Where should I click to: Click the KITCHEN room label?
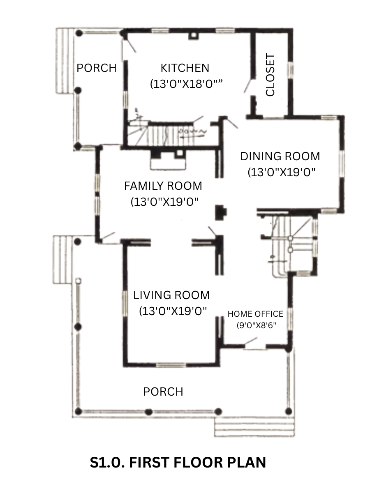pyautogui.click(x=185, y=68)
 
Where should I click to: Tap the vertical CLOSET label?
pyautogui.click(x=270, y=75)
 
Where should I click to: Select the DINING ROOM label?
pyautogui.click(x=280, y=157)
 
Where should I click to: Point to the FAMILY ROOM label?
pyautogui.click(x=163, y=186)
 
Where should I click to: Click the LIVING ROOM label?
pyautogui.click(x=171, y=295)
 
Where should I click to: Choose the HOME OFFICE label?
pyautogui.click(x=255, y=314)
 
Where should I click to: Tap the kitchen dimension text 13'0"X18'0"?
pyautogui.click(x=186, y=84)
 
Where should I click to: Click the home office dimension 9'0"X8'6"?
pyautogui.click(x=256, y=325)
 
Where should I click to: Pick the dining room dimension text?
pyautogui.click(x=282, y=172)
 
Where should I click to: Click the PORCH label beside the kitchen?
pyautogui.click(x=97, y=68)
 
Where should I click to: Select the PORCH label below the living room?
pyautogui.click(x=163, y=392)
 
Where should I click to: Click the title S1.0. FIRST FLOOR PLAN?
pyautogui.click(x=178, y=463)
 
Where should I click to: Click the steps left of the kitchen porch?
pyautogui.click(x=65, y=61)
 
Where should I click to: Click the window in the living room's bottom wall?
pyautogui.click(x=171, y=365)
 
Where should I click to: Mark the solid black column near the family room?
pyautogui.click(x=221, y=212)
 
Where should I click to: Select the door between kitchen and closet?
pyautogui.click(x=250, y=85)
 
